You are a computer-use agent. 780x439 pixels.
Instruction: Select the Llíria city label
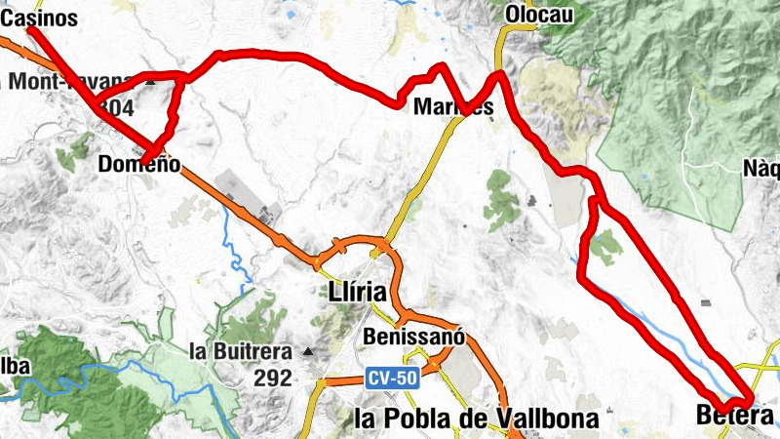pos(359,292)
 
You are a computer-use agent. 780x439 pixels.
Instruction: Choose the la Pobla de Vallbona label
pos(478,419)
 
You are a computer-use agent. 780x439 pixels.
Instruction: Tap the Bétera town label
pos(736,415)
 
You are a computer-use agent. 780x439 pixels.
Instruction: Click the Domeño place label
pos(139,165)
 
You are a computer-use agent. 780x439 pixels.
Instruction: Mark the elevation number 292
pos(269,378)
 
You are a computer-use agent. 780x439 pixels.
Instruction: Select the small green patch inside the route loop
pos(605,247)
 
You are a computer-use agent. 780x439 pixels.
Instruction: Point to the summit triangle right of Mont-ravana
pos(150,83)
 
